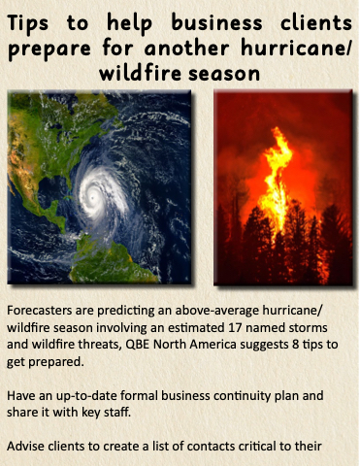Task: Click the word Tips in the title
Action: (28, 23)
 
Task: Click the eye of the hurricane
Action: (93, 197)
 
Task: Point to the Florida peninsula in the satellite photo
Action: (67, 184)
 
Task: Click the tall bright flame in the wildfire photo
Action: (275, 182)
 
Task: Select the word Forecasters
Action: (40, 311)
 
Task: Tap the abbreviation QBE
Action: (138, 345)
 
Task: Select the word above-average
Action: (217, 311)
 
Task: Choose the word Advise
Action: (25, 447)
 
